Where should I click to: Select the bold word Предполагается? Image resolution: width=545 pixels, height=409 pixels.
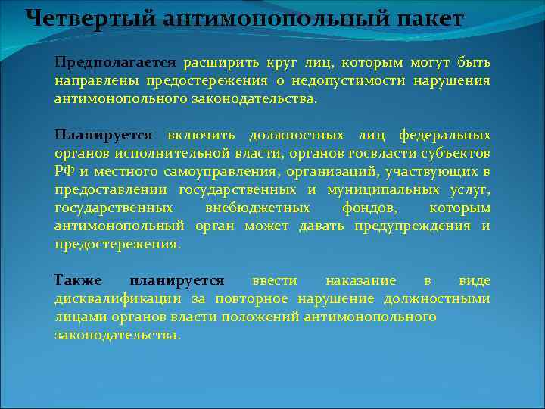[x=115, y=61]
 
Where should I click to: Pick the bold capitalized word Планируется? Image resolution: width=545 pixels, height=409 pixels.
[x=103, y=135]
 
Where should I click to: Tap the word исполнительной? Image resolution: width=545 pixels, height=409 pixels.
[x=150, y=153]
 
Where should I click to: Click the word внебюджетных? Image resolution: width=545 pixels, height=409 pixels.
[x=257, y=208]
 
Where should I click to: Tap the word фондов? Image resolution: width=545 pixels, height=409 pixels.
[x=368, y=208]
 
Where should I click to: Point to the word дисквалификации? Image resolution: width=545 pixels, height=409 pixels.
[x=111, y=298]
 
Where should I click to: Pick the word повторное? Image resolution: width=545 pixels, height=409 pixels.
[x=257, y=298]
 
